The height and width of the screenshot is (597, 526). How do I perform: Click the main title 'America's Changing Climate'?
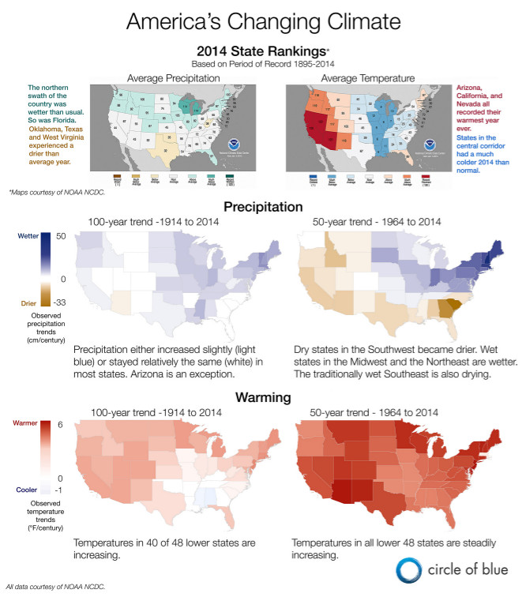264,20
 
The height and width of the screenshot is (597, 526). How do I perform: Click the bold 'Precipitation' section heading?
263,207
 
